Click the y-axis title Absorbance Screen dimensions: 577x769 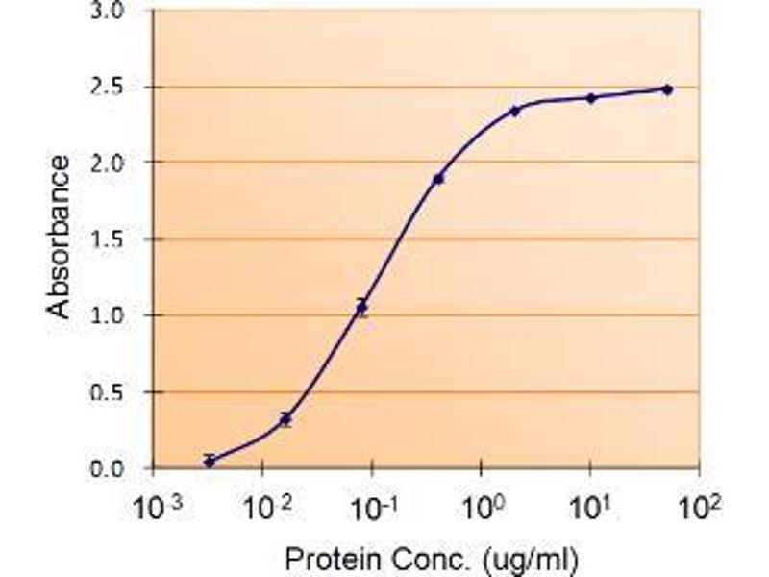[x=60, y=237]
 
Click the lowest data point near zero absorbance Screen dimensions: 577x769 [x=210, y=462]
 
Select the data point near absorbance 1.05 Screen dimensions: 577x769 [x=361, y=308]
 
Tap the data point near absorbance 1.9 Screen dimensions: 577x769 [x=438, y=179]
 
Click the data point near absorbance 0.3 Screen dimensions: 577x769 [x=285, y=419]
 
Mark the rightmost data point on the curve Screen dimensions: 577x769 [x=667, y=89]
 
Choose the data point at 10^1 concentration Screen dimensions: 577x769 [x=591, y=98]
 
